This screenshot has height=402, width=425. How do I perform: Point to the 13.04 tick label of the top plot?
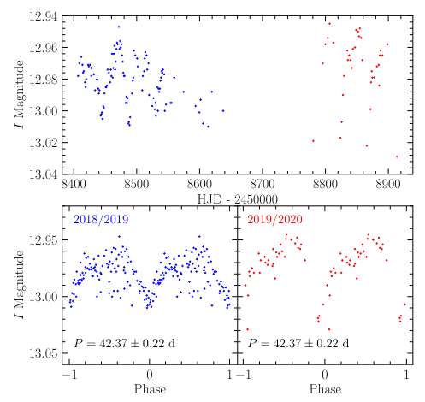42,174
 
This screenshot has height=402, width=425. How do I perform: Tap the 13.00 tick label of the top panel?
42,111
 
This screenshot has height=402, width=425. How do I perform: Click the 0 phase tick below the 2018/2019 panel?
150,375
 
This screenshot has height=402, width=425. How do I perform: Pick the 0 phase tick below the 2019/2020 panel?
323,375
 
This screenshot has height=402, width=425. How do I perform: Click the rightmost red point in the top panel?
397,157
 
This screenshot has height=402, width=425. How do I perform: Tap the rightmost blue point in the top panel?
223,110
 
